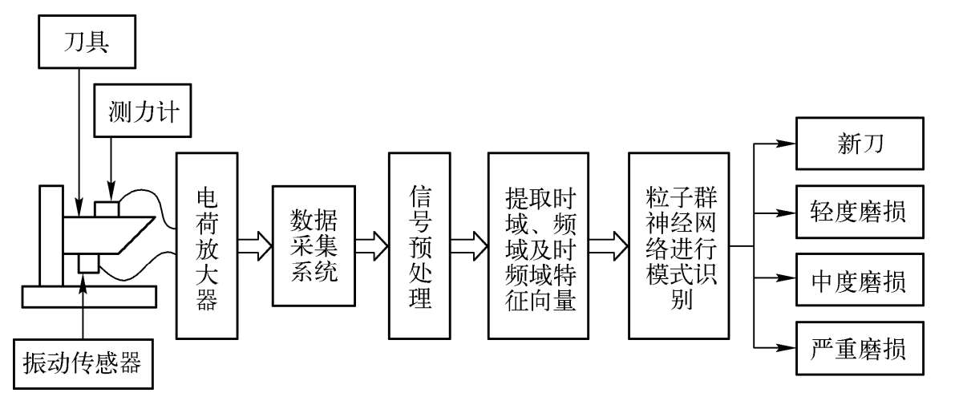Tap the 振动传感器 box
point(79,363)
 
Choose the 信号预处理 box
point(419,246)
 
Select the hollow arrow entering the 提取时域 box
point(470,245)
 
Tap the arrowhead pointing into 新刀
point(787,144)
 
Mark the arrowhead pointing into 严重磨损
point(787,347)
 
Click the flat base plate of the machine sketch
point(89,297)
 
